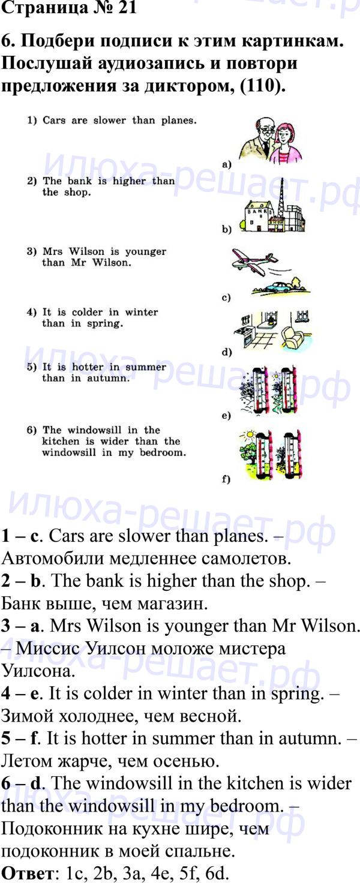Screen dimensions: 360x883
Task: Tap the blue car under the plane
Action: tap(278, 287)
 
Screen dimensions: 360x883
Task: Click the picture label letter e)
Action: tap(226, 416)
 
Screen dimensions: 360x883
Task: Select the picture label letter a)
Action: tap(226, 165)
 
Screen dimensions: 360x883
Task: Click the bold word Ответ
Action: tap(27, 874)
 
